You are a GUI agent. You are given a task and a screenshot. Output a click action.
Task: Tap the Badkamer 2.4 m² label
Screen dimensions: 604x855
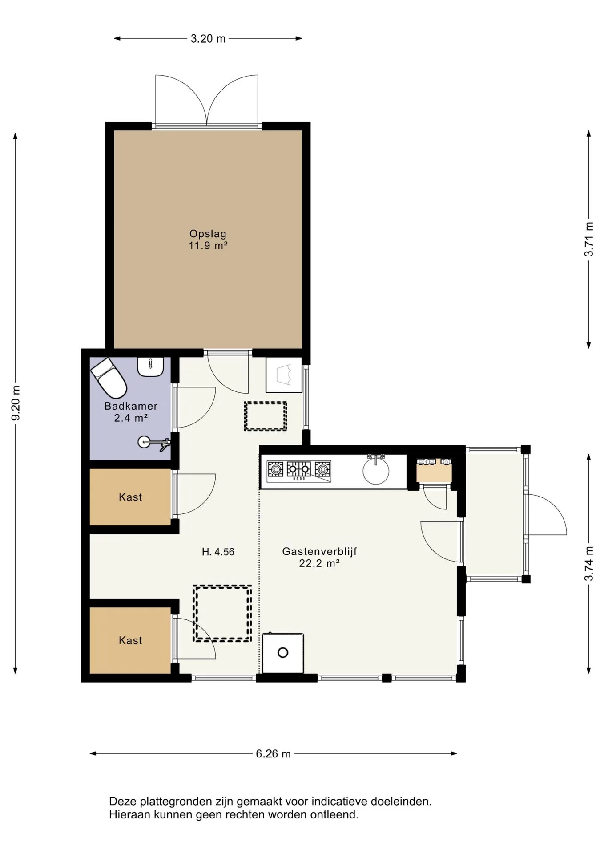tap(131, 412)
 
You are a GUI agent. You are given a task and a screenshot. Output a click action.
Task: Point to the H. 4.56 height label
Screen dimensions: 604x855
tap(218, 552)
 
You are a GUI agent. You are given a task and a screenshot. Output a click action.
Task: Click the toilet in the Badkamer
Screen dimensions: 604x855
tap(109, 378)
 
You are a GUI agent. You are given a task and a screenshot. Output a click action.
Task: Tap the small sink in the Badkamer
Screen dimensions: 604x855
tap(151, 366)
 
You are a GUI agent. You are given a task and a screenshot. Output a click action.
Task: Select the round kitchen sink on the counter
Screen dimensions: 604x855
tap(376, 470)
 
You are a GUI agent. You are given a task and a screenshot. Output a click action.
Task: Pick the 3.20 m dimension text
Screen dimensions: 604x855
tap(208, 39)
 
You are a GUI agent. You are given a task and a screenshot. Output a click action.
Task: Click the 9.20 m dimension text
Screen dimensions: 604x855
tap(16, 403)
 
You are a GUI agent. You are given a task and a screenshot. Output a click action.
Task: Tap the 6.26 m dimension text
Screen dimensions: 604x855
tap(273, 754)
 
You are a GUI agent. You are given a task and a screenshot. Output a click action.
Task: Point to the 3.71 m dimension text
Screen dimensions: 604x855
tap(589, 239)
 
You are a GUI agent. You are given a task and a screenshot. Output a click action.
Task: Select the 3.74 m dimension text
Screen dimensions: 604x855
tap(589, 563)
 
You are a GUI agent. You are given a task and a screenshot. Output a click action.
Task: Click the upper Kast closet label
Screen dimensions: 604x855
tap(130, 497)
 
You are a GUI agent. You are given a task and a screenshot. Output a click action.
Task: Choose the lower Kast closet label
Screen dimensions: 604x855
tap(130, 640)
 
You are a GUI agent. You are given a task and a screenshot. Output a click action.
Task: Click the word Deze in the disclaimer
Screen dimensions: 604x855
tap(123, 802)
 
